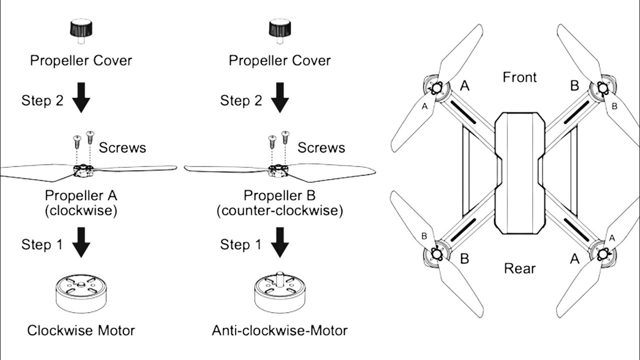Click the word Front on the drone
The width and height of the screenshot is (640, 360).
coord(519,77)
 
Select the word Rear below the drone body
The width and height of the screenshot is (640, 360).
coord(519,268)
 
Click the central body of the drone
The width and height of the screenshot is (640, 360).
coord(519,172)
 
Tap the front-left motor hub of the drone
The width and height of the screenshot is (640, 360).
coord(436,88)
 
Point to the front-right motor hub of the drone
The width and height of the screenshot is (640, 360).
coord(603,88)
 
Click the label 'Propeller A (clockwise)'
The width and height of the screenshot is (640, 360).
coord(81,202)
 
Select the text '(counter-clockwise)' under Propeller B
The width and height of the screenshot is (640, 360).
coord(280,210)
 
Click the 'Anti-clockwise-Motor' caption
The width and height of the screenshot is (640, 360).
coord(279,330)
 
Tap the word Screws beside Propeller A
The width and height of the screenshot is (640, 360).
coord(122,147)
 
